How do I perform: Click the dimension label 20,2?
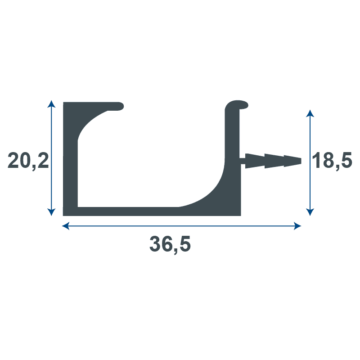coord(28,161)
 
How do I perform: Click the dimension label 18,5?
coord(332,161)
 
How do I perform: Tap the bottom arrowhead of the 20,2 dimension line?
coord(52,212)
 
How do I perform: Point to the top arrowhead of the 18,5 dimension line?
coord(309,112)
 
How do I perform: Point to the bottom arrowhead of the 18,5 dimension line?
coord(309,212)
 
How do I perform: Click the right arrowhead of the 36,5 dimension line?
coord(297,226)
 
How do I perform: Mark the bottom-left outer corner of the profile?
coord(64,215)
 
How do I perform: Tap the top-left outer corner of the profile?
coord(64,103)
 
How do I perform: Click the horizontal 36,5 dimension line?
coord(180,226)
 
